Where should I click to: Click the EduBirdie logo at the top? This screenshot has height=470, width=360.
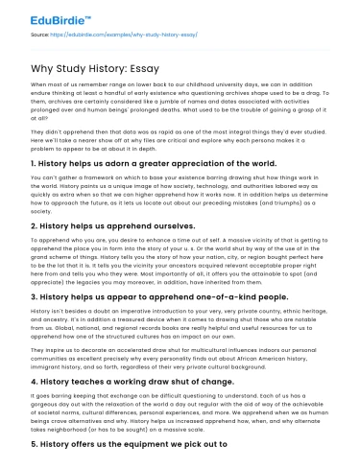(44, 16)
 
